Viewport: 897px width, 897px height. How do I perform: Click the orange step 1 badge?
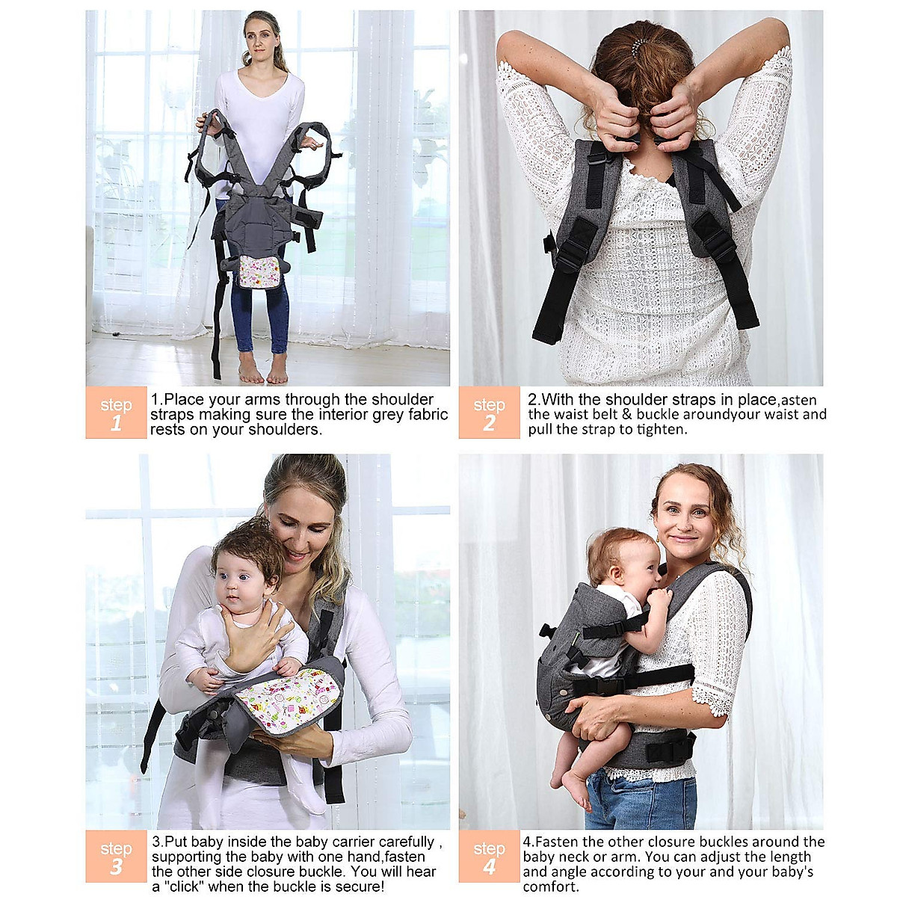(x=116, y=413)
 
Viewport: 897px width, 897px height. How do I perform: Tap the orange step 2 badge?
(x=489, y=413)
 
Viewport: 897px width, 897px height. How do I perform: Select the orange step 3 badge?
(x=116, y=856)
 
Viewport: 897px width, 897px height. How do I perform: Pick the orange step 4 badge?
(x=489, y=856)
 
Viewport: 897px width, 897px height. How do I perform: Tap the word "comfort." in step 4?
(x=551, y=887)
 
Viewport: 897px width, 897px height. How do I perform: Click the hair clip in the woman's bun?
(x=638, y=47)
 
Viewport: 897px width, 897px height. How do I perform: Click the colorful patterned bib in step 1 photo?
(x=259, y=271)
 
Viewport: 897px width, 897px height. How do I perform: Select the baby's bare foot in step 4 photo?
(x=575, y=789)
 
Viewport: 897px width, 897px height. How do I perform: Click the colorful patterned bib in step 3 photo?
(x=288, y=699)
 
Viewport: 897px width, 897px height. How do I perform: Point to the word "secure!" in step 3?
(x=360, y=887)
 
